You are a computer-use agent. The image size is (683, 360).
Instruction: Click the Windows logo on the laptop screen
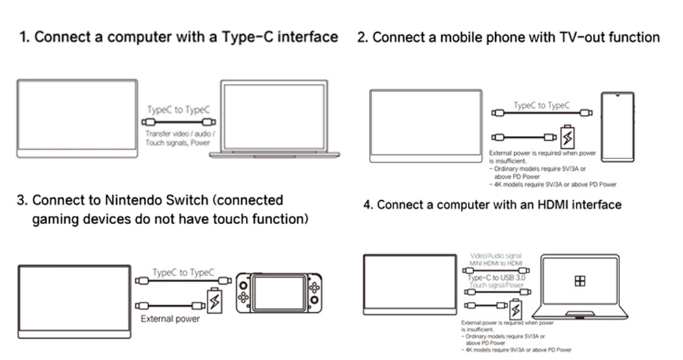(580, 281)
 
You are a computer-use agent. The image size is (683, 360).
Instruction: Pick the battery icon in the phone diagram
(566, 137)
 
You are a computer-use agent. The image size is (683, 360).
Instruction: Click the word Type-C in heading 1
(247, 37)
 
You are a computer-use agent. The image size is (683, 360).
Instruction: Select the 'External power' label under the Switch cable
(170, 318)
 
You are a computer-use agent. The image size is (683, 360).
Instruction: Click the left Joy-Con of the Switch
(243, 293)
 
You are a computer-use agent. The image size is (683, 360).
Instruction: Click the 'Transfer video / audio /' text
(180, 134)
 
